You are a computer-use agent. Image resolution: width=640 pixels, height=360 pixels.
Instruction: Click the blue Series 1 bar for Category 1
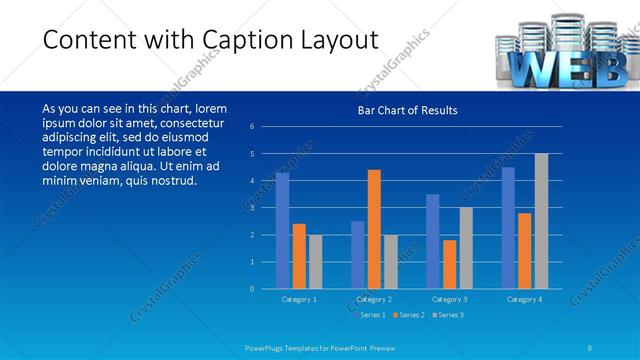click(x=282, y=231)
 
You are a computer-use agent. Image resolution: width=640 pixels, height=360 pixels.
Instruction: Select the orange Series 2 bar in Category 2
click(x=374, y=229)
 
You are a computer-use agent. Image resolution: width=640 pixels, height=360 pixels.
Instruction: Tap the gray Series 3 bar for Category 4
click(x=541, y=221)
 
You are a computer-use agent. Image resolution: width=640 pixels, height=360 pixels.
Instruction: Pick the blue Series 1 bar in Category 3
click(x=432, y=241)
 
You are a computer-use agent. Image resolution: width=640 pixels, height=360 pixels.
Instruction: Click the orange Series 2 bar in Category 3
click(x=449, y=264)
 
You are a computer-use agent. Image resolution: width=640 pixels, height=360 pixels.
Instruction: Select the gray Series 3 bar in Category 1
click(x=316, y=262)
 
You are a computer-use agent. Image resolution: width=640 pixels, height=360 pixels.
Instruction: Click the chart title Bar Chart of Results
click(x=407, y=110)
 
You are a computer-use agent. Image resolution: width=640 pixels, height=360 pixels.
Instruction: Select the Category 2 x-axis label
click(x=374, y=299)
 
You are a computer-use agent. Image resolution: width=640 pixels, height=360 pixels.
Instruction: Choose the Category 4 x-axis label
click(x=524, y=299)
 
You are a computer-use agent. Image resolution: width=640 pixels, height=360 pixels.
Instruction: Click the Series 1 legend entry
click(x=370, y=315)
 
